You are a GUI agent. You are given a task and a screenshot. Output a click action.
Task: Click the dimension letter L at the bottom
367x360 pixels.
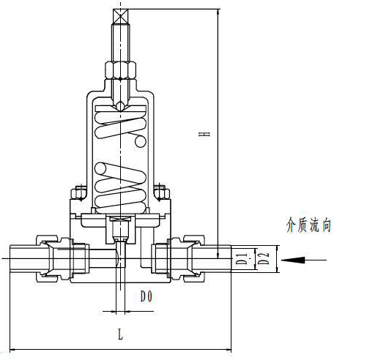[x=120, y=334]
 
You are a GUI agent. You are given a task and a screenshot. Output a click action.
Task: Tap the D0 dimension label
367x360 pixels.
[x=147, y=297]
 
